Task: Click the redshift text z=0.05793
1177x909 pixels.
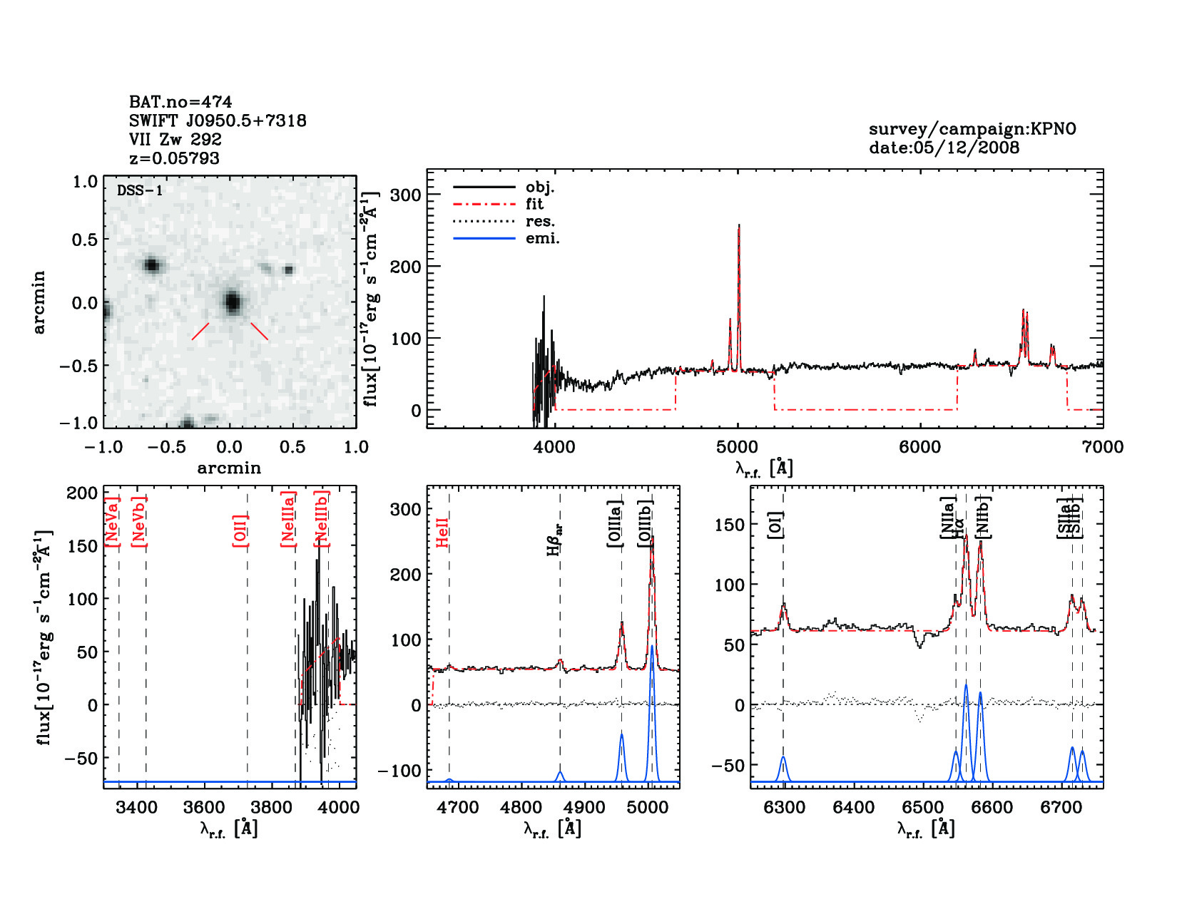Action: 174,158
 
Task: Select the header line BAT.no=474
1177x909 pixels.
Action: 180,102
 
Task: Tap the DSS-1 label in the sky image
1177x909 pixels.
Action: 140,190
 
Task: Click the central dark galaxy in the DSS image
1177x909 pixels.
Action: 232,302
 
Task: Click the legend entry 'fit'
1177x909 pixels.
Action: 534,204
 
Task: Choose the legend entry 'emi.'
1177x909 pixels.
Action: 542,238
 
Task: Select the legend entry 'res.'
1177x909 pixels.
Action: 540,221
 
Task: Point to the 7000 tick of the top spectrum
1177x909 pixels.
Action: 1103,447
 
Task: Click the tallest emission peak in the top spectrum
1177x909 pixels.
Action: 739,226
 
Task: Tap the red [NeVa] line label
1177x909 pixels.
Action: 112,521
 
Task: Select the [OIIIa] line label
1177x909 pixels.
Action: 615,524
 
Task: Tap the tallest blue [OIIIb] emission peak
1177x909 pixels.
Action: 651,647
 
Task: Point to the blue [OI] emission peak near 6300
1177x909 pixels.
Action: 783,757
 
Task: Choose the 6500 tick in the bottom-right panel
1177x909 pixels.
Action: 922,808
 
